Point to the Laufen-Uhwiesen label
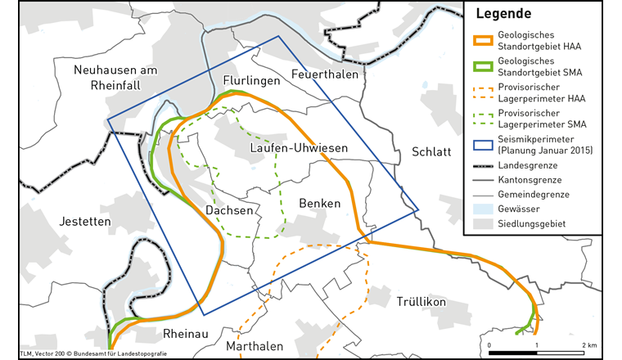pyautogui.click(x=299, y=148)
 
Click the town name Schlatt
pyautogui.click(x=431, y=152)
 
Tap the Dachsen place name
pyautogui.click(x=229, y=210)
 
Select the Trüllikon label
pyautogui.click(x=421, y=302)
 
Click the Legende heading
pyautogui.click(x=503, y=15)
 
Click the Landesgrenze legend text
pyautogui.click(x=528, y=164)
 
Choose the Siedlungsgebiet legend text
pyautogui.click(x=531, y=223)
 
